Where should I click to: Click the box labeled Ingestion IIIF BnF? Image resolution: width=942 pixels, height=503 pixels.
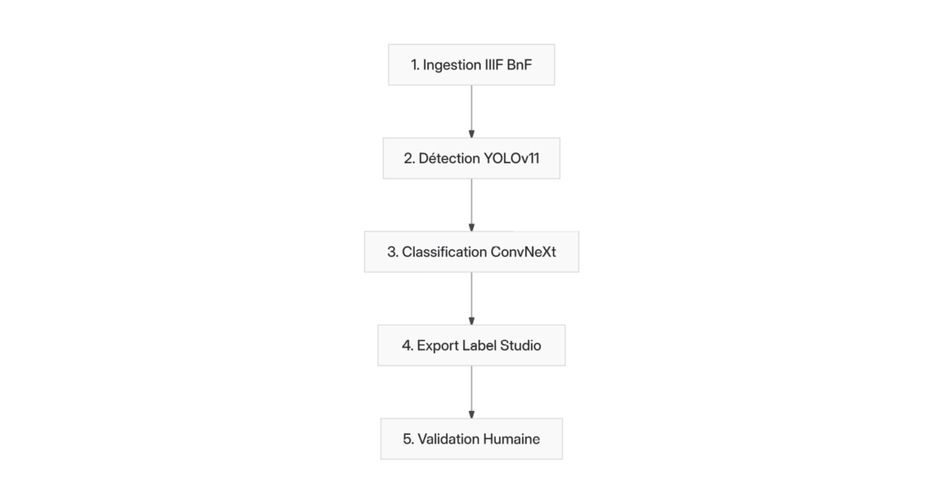click(472, 65)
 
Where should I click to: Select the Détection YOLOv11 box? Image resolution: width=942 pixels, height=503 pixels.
click(472, 158)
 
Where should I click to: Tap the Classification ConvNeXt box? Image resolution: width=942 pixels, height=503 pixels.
click(472, 251)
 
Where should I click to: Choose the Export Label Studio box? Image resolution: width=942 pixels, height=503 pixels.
click(472, 345)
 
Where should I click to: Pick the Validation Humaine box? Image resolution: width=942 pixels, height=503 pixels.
click(472, 439)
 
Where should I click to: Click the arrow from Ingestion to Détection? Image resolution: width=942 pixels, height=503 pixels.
click(472, 111)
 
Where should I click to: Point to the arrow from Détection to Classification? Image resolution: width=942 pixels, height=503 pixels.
click(472, 205)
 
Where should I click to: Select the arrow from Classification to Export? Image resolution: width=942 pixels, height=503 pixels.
click(472, 299)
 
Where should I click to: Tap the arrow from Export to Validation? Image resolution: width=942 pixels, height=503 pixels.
click(472, 392)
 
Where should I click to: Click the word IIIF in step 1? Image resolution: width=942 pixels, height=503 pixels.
click(494, 65)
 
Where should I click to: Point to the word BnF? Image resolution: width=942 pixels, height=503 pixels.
click(519, 65)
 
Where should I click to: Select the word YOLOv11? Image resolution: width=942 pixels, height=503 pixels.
click(511, 158)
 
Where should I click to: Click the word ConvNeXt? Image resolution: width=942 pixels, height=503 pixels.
click(523, 251)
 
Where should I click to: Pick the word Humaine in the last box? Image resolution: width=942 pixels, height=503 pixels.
click(511, 439)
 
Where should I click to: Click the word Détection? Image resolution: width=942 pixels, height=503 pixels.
click(449, 158)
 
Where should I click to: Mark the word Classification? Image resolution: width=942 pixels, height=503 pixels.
click(444, 251)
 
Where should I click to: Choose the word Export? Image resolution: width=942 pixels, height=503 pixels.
click(437, 346)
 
